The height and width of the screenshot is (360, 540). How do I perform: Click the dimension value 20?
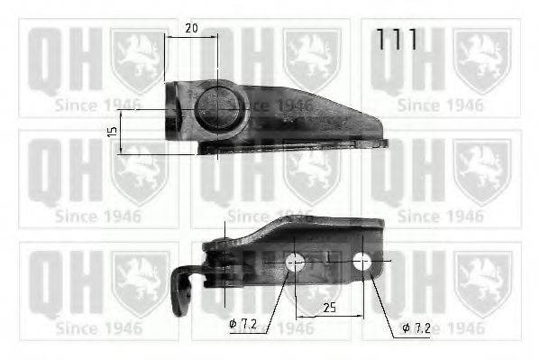tap(191, 27)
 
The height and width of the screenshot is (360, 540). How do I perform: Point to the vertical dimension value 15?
tap(113, 131)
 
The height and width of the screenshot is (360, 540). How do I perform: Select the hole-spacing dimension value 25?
tap(330, 309)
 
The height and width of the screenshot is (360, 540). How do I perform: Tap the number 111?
tap(397, 40)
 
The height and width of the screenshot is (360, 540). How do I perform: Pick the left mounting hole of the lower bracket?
tap(294, 263)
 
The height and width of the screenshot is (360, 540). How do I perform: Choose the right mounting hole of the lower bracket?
tap(362, 262)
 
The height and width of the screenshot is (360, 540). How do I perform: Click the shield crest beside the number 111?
tap(482, 59)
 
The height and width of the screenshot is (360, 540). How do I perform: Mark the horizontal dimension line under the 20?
tap(191, 37)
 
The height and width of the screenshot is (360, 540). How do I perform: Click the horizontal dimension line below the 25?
tap(330, 318)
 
